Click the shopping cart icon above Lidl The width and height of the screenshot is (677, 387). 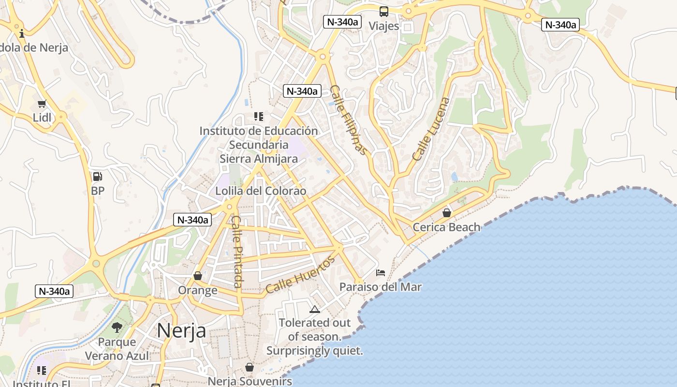point(42,104)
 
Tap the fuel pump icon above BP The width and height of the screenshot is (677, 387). point(97,177)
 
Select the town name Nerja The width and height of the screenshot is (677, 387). point(181,331)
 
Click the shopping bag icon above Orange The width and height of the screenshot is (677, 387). point(197,276)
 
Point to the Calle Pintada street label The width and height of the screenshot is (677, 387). point(236,251)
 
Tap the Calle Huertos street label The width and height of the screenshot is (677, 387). point(300,275)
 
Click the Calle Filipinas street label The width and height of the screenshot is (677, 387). point(349,120)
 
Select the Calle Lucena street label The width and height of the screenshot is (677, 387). point(431,129)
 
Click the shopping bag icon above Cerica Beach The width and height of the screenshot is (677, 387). point(447,213)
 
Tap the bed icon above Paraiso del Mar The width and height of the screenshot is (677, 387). point(381,273)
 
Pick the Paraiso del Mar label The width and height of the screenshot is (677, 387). point(381,287)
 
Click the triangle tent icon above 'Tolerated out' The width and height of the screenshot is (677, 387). point(315,309)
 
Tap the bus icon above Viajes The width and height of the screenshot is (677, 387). point(384,12)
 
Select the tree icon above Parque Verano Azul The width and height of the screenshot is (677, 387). point(117,327)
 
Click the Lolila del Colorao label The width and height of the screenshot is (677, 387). point(261,191)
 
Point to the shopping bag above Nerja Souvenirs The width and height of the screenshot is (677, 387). point(250,368)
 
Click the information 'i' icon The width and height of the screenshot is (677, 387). point(22,33)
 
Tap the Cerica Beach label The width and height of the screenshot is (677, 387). point(446,227)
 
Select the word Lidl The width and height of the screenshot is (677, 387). point(42,118)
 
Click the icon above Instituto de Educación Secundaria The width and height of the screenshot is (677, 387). point(259,117)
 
